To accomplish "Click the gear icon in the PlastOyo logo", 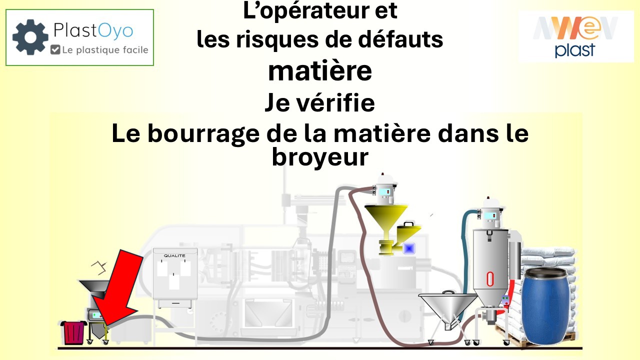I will pos(30,37).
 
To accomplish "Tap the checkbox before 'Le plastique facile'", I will pos(55,49).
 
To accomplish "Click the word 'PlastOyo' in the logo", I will pos(93,31).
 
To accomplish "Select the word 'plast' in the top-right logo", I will pos(575,50).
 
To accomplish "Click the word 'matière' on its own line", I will pos(320,71).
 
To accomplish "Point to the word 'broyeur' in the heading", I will pos(320,157).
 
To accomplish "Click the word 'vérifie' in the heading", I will pos(343,103).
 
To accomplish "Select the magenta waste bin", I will pos(73,332).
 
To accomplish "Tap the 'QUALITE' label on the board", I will pos(174,255).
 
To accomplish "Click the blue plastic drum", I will pos(546,306).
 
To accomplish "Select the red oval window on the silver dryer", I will pos(490,279).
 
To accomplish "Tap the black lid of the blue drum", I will pos(546,272).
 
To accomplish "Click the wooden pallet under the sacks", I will pos(510,340).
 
